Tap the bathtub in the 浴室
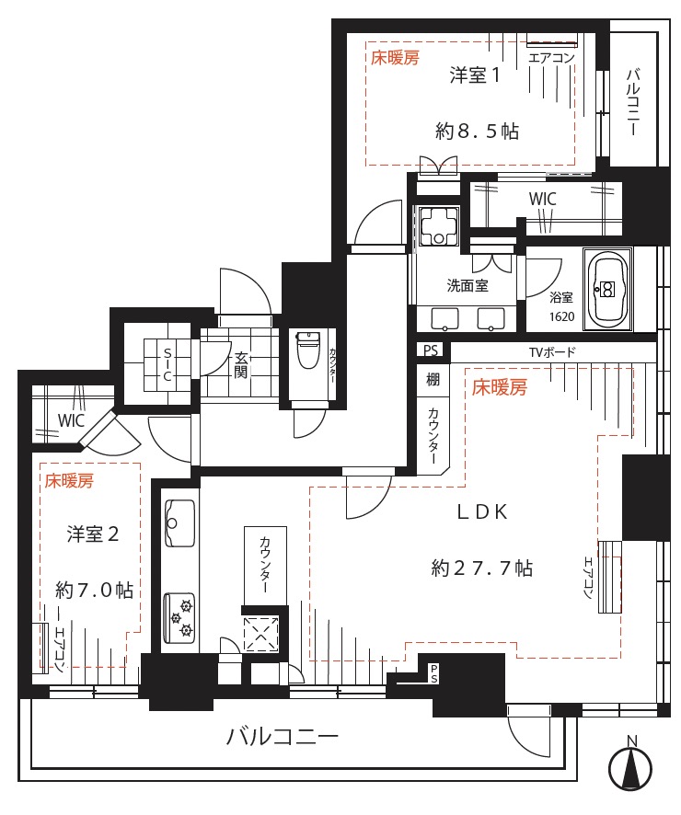point(607,289)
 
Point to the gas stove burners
point(179,618)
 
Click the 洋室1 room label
point(474,75)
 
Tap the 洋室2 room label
point(93,534)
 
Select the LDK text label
point(482,512)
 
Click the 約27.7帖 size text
point(482,568)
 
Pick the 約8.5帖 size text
point(477,131)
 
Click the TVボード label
point(552,352)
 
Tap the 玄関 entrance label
point(240,365)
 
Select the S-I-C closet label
point(167,365)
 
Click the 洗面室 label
point(467,285)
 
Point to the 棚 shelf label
point(433,379)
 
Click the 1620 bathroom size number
point(561,316)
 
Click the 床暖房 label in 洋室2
point(69,481)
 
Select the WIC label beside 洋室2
point(71,420)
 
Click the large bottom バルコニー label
point(283,737)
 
